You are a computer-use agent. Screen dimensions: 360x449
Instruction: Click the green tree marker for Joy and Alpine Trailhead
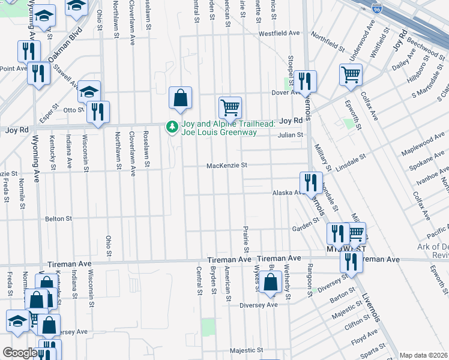click(x=172, y=127)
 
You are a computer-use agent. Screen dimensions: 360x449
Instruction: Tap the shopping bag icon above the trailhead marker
click(x=181, y=97)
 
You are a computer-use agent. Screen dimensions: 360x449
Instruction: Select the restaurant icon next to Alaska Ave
click(x=310, y=182)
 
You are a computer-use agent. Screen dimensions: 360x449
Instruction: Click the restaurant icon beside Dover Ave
click(x=305, y=81)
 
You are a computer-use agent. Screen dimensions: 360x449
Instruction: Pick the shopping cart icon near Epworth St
click(x=351, y=75)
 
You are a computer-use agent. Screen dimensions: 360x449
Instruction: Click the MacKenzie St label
click(x=227, y=166)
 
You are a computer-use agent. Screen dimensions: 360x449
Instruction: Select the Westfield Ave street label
click(x=279, y=34)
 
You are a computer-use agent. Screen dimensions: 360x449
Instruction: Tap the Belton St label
click(x=58, y=219)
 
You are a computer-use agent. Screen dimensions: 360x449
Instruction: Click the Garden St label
click(x=306, y=224)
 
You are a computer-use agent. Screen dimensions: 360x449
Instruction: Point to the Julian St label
click(x=291, y=135)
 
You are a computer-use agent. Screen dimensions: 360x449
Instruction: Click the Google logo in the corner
click(x=20, y=353)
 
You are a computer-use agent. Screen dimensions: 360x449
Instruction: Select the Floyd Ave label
click(x=364, y=340)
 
